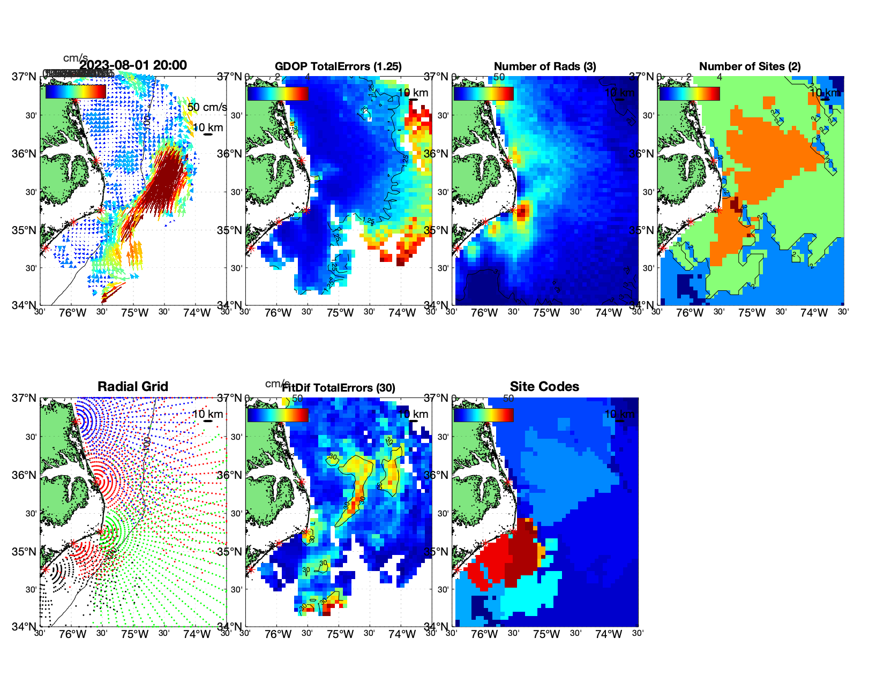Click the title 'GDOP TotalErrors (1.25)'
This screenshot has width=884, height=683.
pyautogui.click(x=338, y=66)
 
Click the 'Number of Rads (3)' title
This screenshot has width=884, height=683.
pyautogui.click(x=545, y=66)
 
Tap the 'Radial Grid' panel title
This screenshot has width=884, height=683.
pyautogui.click(x=133, y=387)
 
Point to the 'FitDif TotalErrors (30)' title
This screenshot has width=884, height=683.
pyautogui.click(x=339, y=388)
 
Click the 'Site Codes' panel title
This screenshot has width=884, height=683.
pyautogui.click(x=544, y=387)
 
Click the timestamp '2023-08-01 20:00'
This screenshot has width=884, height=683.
pyautogui.click(x=133, y=65)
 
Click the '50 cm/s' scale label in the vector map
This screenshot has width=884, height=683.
pyautogui.click(x=207, y=107)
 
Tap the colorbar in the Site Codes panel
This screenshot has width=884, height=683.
pyautogui.click(x=483, y=415)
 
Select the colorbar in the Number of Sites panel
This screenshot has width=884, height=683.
pyautogui.click(x=690, y=94)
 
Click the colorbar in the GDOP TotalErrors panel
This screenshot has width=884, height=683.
pyautogui.click(x=278, y=94)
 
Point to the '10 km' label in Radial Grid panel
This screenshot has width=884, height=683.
pyautogui.click(x=208, y=414)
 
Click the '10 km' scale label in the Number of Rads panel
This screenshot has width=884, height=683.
pyautogui.click(x=619, y=93)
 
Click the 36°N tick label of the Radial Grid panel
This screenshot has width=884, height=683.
pyautogui.click(x=25, y=475)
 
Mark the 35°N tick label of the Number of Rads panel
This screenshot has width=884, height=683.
pyautogui.click(x=437, y=231)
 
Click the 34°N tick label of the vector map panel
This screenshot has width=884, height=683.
pyautogui.click(x=25, y=305)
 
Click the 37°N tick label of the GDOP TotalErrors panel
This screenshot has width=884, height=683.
pyautogui.click(x=230, y=77)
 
